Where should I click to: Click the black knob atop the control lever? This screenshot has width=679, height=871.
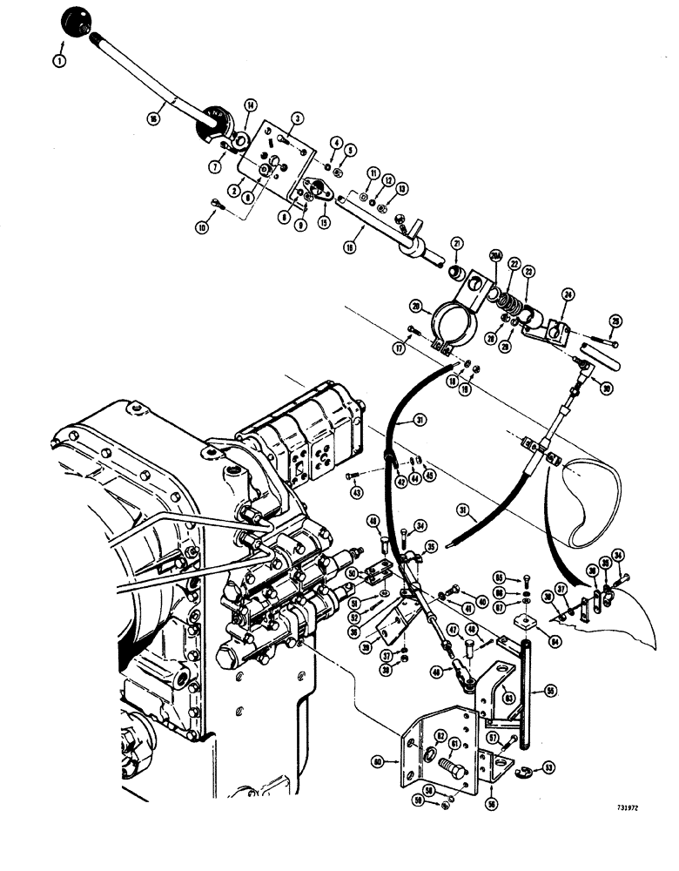tap(77, 21)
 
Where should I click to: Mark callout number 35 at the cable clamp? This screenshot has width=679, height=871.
tap(430, 547)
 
